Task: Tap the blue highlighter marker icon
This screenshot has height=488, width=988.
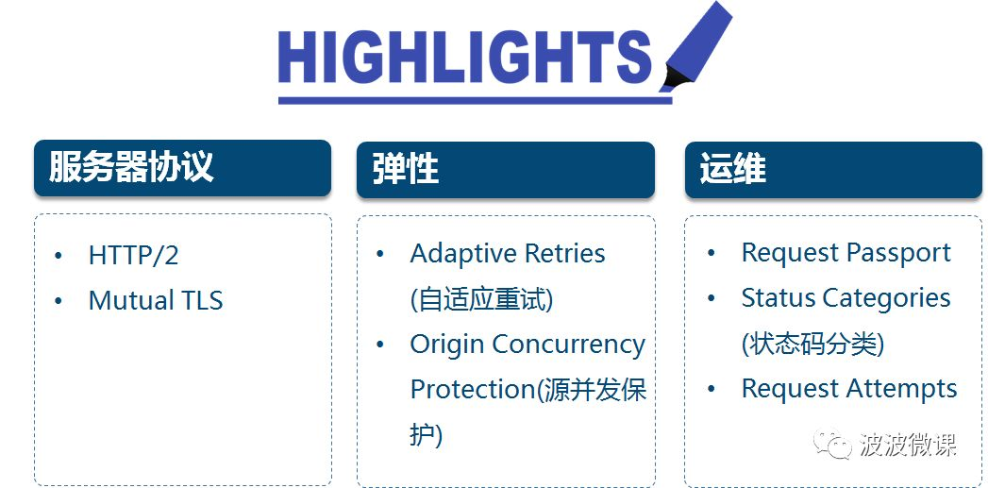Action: tap(695, 47)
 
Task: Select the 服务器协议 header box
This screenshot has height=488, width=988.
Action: tap(183, 168)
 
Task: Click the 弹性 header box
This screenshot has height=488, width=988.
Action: tap(506, 170)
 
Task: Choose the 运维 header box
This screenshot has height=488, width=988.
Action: tap(833, 170)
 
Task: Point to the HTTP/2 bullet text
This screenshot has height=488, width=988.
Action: tap(134, 256)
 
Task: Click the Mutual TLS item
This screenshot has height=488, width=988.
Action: tap(156, 300)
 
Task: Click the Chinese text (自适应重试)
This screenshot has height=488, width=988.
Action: tap(481, 299)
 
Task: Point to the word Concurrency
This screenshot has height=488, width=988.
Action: tap(569, 345)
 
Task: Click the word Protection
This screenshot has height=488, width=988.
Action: tap(473, 389)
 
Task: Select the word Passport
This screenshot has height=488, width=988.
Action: tap(898, 254)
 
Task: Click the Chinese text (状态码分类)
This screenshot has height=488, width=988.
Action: tap(812, 344)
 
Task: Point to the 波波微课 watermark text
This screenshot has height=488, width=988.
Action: tap(908, 444)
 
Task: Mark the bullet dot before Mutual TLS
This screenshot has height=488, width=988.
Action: tap(59, 301)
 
